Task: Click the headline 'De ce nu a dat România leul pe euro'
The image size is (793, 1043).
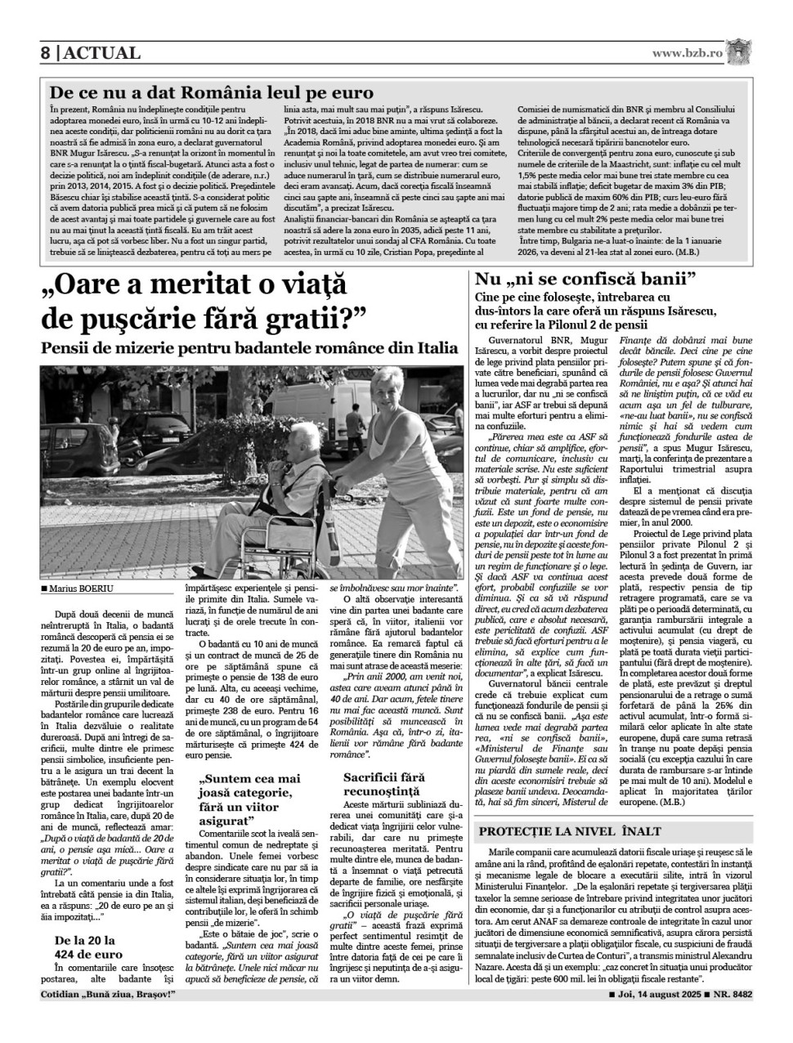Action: point(211,92)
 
